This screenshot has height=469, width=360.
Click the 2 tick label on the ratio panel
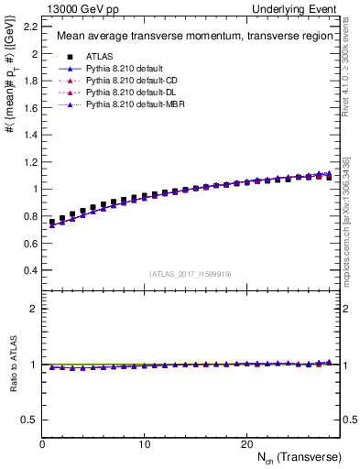coord(33,309)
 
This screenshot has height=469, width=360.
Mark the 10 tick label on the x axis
coord(145,443)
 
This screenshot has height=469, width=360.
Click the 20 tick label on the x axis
coord(246,443)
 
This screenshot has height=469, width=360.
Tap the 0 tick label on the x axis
coord(43,443)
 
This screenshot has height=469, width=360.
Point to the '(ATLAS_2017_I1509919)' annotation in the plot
coord(191,272)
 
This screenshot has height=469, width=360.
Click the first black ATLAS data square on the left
coord(52,222)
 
